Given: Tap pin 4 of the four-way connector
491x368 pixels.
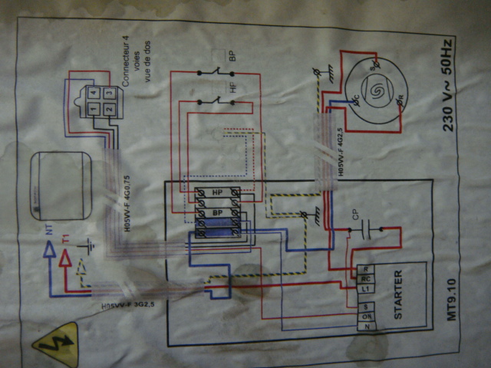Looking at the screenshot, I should click(94, 93).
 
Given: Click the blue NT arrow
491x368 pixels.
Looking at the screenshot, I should click(48, 248).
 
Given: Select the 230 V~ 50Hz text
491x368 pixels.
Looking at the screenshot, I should click(450, 84).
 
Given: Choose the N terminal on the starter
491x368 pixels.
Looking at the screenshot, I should click(367, 327).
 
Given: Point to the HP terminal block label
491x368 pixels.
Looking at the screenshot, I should click(218, 192).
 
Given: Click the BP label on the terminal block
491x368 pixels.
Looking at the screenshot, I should click(218, 212).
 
